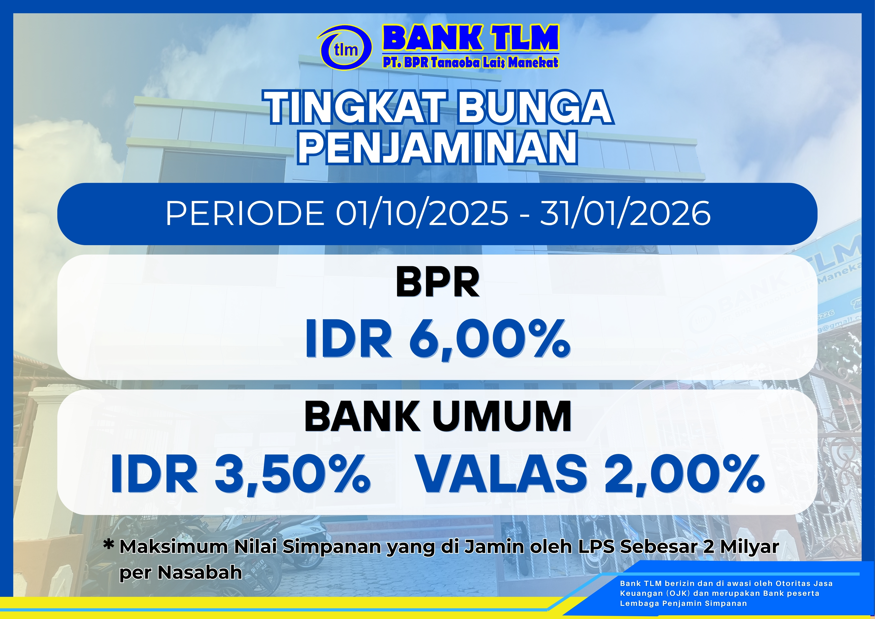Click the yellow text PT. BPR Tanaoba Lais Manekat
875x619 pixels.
tap(471, 62)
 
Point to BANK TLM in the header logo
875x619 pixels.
tap(471, 38)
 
